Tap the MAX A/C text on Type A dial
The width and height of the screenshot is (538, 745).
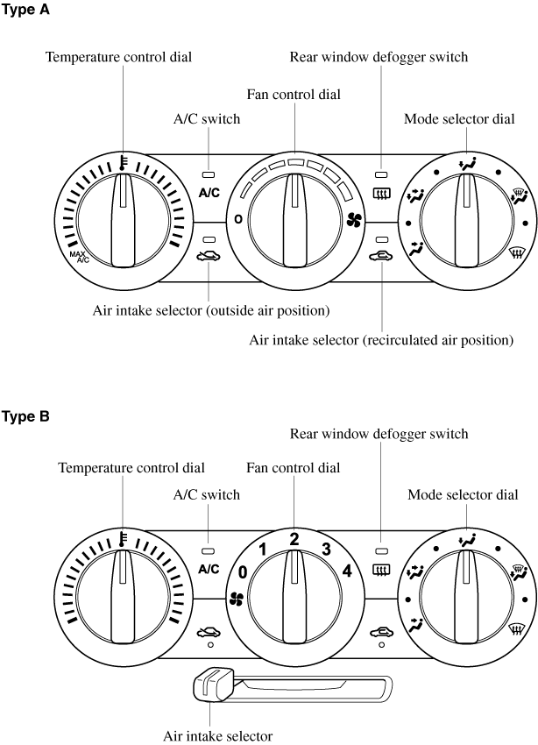[80, 257]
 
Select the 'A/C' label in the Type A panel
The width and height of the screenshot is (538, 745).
[209, 193]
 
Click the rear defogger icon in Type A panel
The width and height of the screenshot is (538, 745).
[382, 194]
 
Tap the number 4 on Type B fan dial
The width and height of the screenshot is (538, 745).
[348, 571]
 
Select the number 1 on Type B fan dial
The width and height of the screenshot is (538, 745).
[261, 550]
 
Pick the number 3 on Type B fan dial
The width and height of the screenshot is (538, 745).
[326, 550]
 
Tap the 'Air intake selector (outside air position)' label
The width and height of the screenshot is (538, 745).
[210, 310]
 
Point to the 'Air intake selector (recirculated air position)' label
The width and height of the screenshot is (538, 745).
[381, 339]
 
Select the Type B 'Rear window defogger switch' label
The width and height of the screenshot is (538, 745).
[379, 434]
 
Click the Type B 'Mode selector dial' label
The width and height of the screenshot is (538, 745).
[462, 495]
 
